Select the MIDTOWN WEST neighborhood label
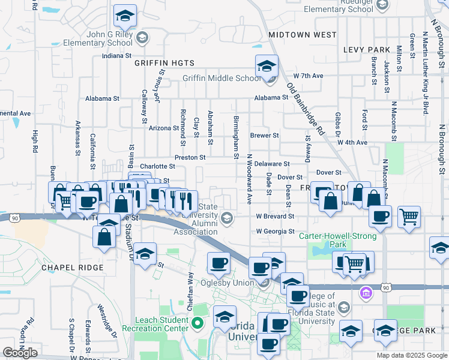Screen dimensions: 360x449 [x=303, y=35]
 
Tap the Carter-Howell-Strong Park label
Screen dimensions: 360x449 [x=331, y=241]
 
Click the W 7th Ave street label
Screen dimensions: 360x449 [x=308, y=76]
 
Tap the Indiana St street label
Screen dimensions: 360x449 [x=116, y=56]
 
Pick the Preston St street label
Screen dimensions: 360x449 [x=190, y=157]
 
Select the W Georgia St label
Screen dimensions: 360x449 [x=275, y=231]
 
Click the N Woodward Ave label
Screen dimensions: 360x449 [x=249, y=179]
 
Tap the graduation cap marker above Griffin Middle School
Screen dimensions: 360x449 [x=267, y=67]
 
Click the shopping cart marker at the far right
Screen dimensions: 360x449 [x=409, y=218]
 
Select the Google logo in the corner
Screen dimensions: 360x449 [x=20, y=353]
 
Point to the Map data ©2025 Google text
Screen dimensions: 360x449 [x=411, y=355]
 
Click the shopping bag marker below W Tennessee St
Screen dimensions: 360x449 [x=104, y=236]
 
